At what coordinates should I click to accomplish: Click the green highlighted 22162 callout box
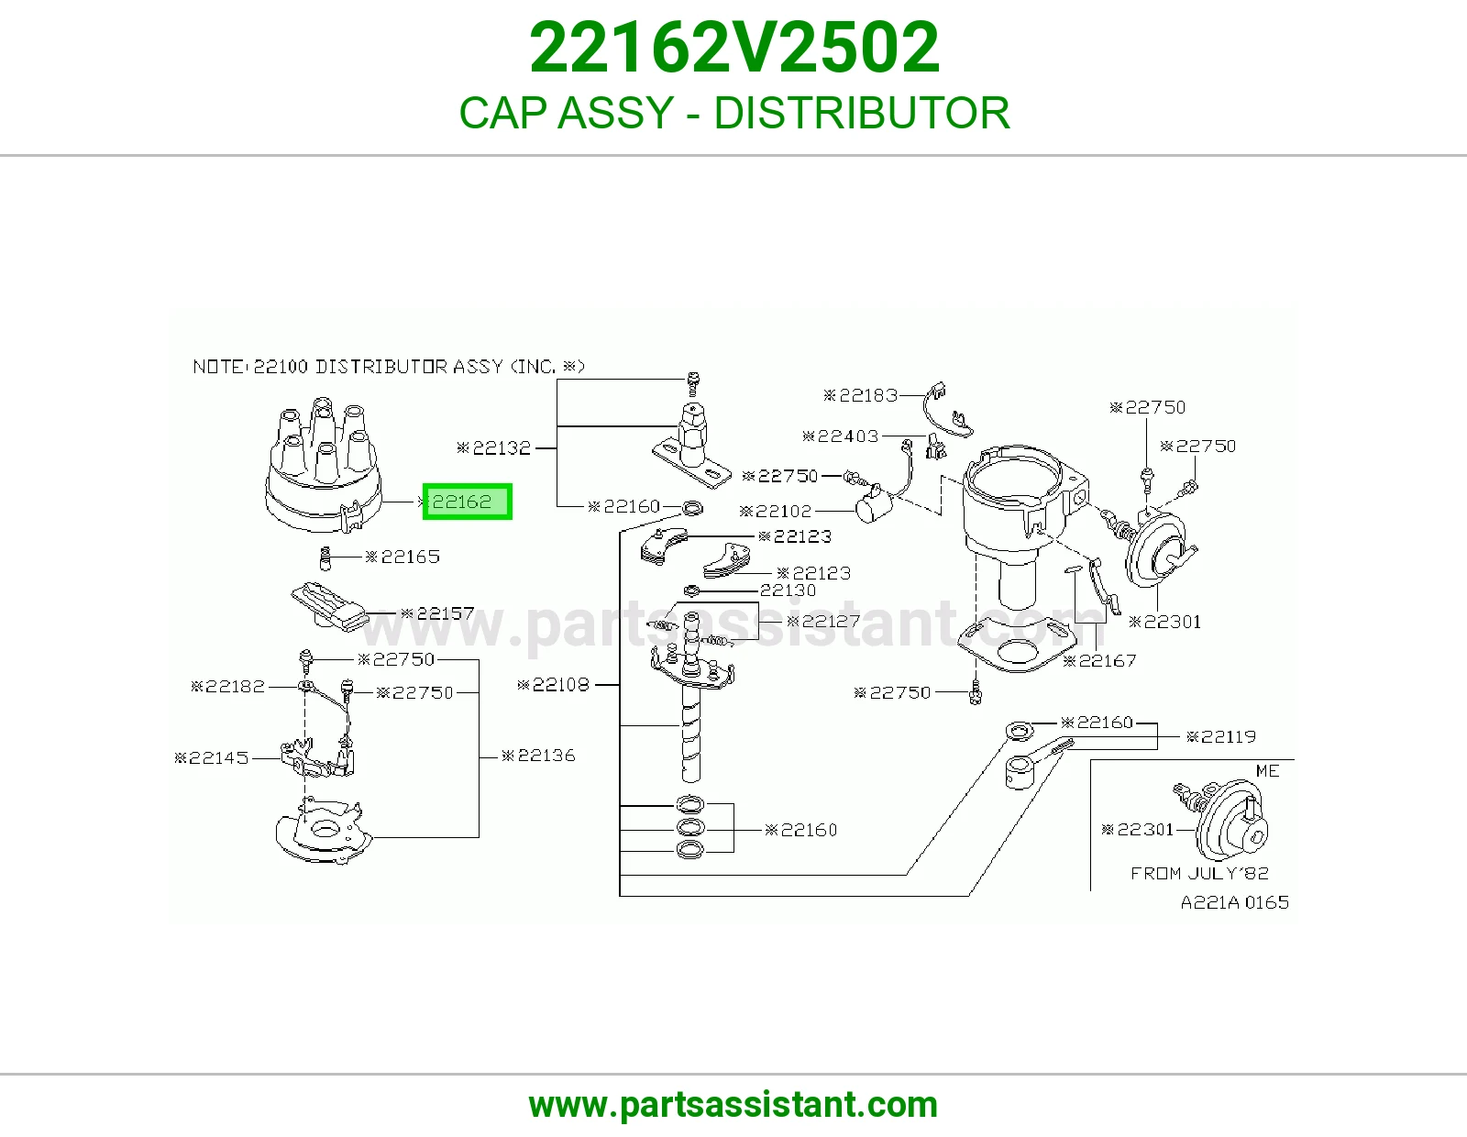point(468,502)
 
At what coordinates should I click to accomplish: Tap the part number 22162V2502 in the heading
point(733,48)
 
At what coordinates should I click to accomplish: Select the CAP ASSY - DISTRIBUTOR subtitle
point(733,113)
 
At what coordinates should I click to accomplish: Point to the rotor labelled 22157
point(330,606)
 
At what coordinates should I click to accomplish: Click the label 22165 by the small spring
point(403,557)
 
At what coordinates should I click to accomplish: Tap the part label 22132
point(494,447)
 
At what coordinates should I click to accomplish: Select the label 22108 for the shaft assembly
point(554,685)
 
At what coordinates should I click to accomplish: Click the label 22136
point(539,755)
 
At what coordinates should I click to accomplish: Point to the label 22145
point(212,757)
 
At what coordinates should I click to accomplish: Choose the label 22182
point(228,686)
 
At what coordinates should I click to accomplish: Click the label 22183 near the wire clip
point(861,395)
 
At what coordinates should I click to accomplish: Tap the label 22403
point(841,436)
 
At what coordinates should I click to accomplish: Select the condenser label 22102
point(776,511)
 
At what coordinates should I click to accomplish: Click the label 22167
point(1099,660)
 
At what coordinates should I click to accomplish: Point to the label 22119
point(1221,736)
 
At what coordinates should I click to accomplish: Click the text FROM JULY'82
point(1199,873)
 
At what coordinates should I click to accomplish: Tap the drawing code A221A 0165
point(1235,902)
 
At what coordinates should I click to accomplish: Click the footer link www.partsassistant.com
point(733,1105)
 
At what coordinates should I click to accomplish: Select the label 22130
point(788,591)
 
